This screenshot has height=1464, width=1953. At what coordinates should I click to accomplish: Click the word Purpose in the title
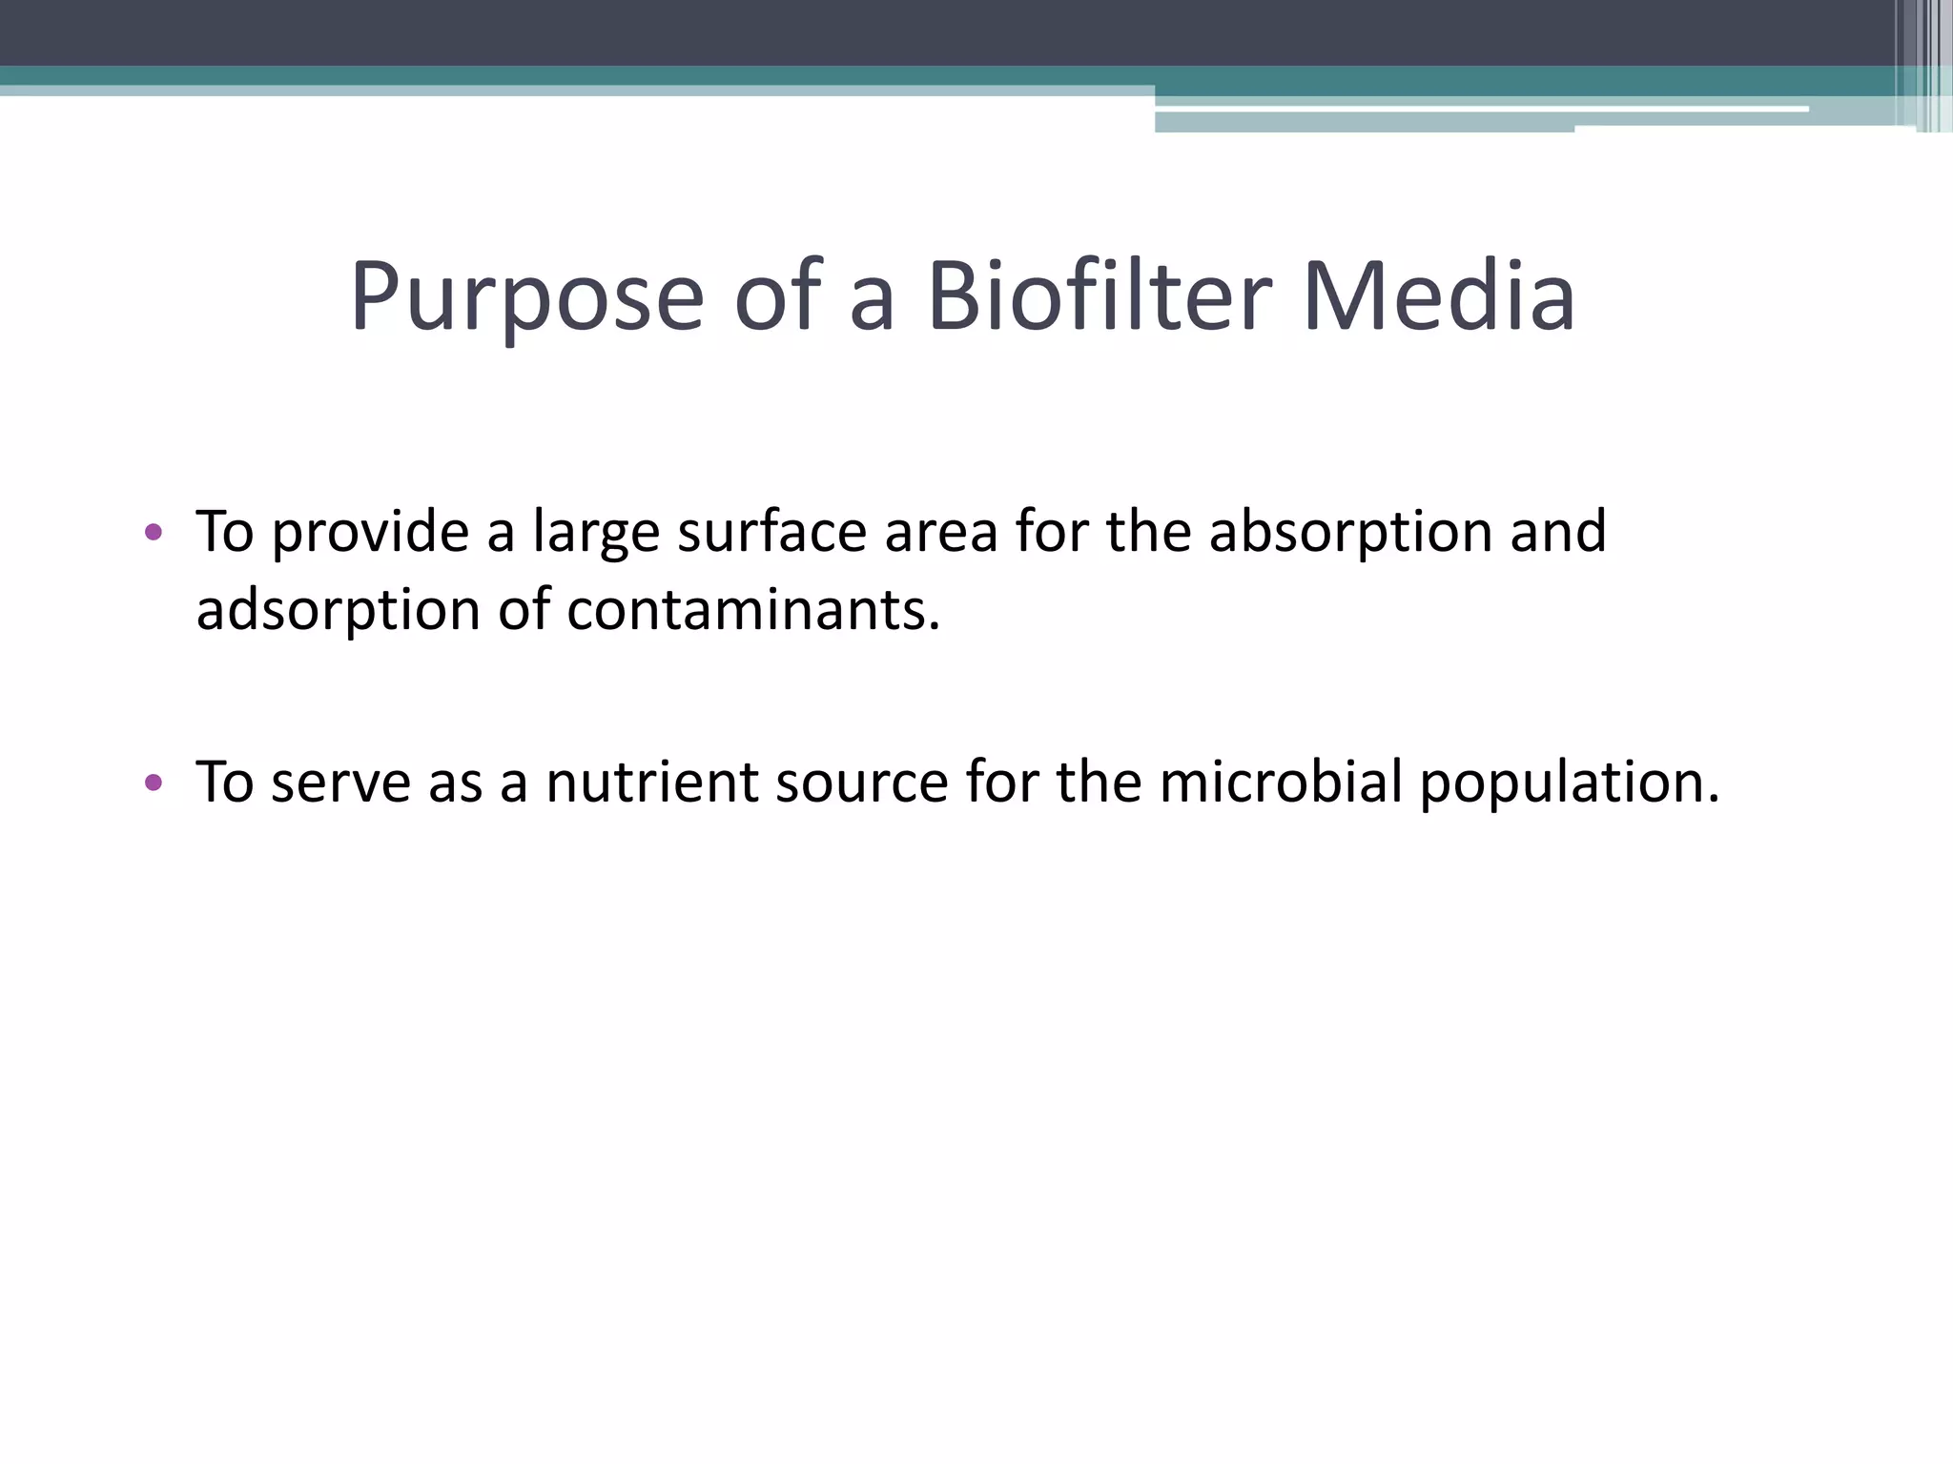(526, 297)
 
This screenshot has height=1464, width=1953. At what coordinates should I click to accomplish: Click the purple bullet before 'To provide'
(153, 532)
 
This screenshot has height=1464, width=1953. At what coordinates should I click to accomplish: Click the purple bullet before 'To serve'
(153, 783)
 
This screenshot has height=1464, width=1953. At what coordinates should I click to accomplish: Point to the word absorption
(1350, 532)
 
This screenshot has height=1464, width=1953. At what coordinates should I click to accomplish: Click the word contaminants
(753, 610)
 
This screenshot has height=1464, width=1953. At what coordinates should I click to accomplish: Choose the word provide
(370, 532)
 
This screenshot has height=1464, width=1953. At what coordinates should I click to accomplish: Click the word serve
(339, 783)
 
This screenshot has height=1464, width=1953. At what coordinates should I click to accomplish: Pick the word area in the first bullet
(940, 532)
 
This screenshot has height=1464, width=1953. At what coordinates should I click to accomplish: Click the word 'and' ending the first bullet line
(1558, 532)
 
